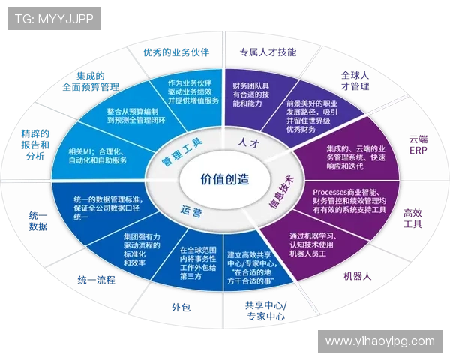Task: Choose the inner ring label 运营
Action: click(x=190, y=211)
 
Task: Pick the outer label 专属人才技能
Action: click(x=268, y=52)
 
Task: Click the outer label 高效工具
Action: click(x=413, y=217)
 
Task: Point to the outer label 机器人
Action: click(x=358, y=276)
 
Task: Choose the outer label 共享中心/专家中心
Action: click(x=264, y=311)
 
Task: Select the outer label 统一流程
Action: click(x=96, y=280)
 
